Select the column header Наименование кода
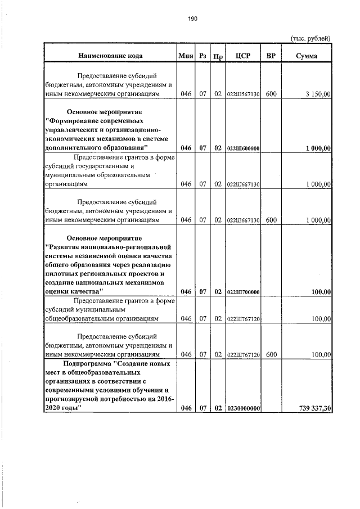pos(110,56)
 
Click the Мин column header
pos(185,56)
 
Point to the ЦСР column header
pos(243,56)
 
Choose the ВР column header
pos(271,56)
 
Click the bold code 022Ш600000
pos(243,148)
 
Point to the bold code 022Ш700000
pos(243,292)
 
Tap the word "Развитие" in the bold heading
pos(66,247)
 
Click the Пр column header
pos(218,57)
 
